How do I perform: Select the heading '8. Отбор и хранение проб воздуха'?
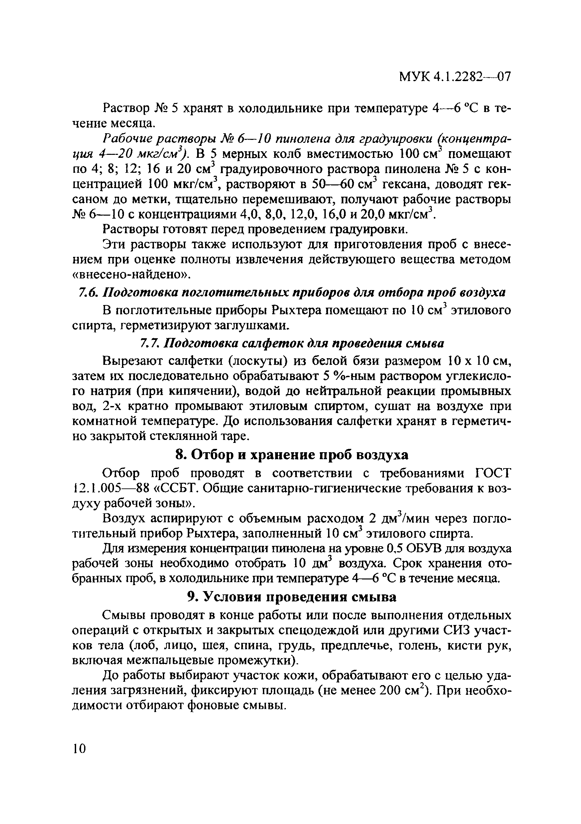coord(291,455)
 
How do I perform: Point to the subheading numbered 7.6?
coord(291,293)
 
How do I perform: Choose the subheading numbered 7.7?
coord(291,344)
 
